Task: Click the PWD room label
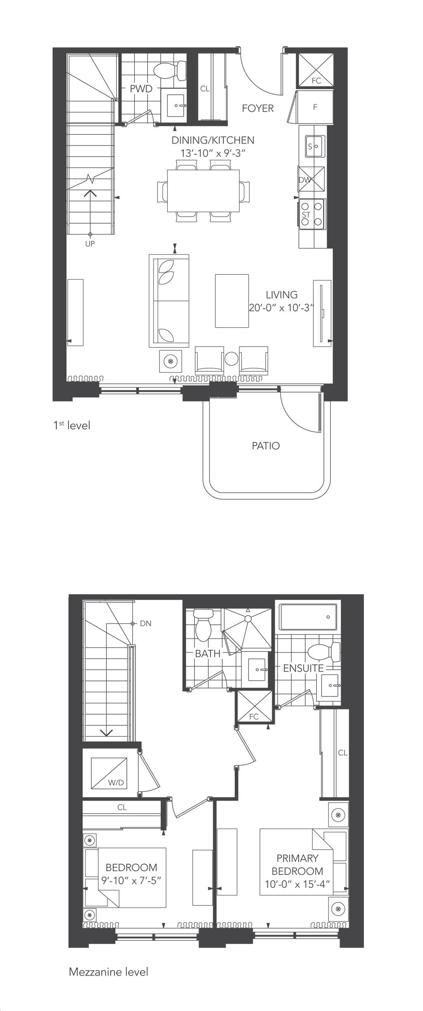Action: pos(141,89)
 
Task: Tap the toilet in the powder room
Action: pos(170,71)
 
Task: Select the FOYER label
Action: pos(258,109)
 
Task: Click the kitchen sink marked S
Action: pos(315,146)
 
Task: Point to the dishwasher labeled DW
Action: pos(312,179)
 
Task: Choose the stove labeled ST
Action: pos(312,214)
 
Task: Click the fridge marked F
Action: pos(315,107)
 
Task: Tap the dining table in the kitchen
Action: pos(203,191)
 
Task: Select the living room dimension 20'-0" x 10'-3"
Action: pos(282,308)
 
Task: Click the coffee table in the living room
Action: pos(232,301)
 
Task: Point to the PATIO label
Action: pos(266,446)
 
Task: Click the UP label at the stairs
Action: pos(90,244)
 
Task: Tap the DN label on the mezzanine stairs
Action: pos(146,623)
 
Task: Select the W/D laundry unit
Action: pos(109,772)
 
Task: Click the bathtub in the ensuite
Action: pos(308,617)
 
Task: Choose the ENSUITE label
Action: pos(303,668)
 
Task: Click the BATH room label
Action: pos(208,653)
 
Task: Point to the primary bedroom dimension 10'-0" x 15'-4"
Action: pos(297,885)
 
